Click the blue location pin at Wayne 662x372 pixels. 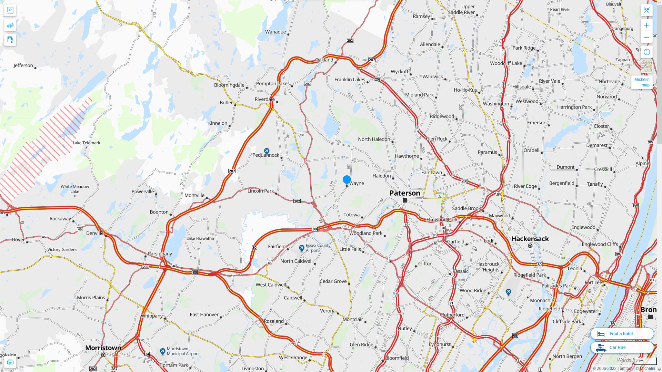(x=347, y=180)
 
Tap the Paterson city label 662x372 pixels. (x=405, y=193)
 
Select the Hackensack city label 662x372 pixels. (x=530, y=239)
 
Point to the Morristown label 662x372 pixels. (x=103, y=348)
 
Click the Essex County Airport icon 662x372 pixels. (x=302, y=248)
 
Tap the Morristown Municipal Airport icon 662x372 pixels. (x=163, y=351)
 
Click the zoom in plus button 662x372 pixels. (x=646, y=25)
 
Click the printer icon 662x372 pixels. (x=10, y=362)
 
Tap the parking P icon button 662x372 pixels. (x=10, y=10)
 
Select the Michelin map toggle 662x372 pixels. (x=642, y=82)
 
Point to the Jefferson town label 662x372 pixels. (x=23, y=65)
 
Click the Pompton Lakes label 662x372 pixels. (x=273, y=83)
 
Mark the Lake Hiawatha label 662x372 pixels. (x=200, y=238)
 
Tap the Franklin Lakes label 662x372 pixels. (x=350, y=80)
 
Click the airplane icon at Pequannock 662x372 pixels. (x=267, y=151)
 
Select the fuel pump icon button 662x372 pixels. (x=10, y=40)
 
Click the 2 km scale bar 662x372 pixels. (x=645, y=361)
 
